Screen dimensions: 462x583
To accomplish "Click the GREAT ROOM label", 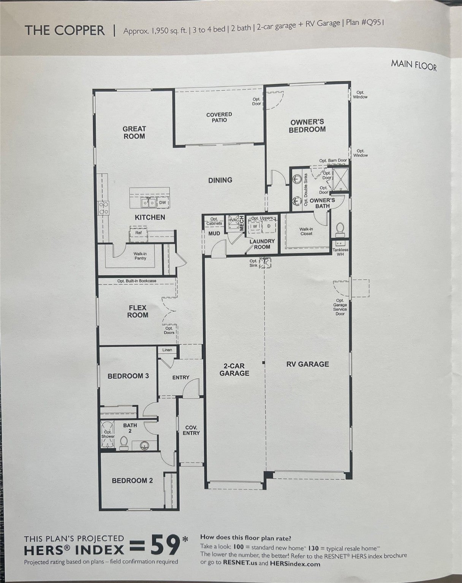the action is click(x=134, y=132).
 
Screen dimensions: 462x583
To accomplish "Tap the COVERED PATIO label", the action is click(x=219, y=117).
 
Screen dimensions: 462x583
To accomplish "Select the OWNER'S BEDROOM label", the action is click(x=307, y=126).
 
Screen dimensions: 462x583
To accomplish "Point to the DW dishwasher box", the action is click(x=163, y=203).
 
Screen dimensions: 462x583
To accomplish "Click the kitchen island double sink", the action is click(x=149, y=203).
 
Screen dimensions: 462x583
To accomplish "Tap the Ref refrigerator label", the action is click(x=138, y=232).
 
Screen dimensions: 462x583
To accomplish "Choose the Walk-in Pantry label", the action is click(x=140, y=256).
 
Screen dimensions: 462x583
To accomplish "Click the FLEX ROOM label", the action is click(x=138, y=311).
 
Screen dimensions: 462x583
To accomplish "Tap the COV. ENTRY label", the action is click(x=191, y=430).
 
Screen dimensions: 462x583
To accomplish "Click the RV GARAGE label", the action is click(x=308, y=364).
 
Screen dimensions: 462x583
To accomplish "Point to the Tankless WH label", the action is click(x=340, y=252).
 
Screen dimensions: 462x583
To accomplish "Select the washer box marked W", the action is click(x=255, y=226).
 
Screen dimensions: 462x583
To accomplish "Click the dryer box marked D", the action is click(x=269, y=226).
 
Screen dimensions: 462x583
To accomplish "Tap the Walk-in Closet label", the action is click(x=306, y=232).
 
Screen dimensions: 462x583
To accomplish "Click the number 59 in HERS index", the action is click(x=165, y=545).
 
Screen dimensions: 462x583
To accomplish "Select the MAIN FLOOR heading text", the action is click(x=414, y=66).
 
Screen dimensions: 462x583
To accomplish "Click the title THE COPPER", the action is click(x=65, y=30).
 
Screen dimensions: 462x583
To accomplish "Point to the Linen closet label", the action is click(x=167, y=350).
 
